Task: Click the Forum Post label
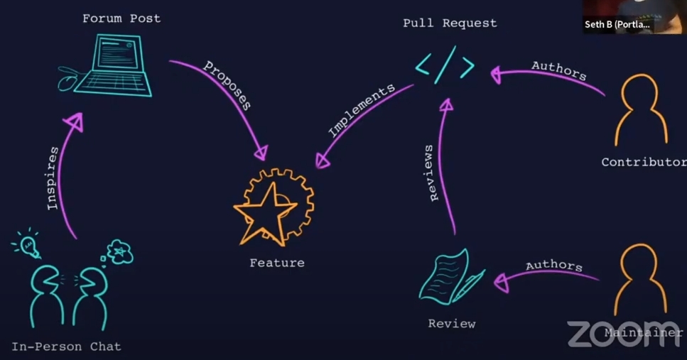121,18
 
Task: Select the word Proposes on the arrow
228,85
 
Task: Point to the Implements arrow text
361,111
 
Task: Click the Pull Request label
450,23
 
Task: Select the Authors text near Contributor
559,71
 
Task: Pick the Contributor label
644,162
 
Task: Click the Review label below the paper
452,324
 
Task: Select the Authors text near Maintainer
554,266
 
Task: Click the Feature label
277,263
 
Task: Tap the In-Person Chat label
66,347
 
